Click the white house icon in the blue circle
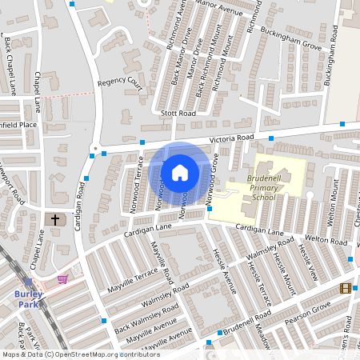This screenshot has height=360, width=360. point(180,172)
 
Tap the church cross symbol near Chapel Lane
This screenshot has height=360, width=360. point(56,218)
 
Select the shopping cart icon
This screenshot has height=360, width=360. point(62,279)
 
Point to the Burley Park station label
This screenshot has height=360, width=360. point(28,298)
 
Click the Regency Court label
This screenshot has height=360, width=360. point(118,82)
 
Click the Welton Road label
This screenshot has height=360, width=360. point(325,241)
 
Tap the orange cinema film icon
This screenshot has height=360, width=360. point(345,288)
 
